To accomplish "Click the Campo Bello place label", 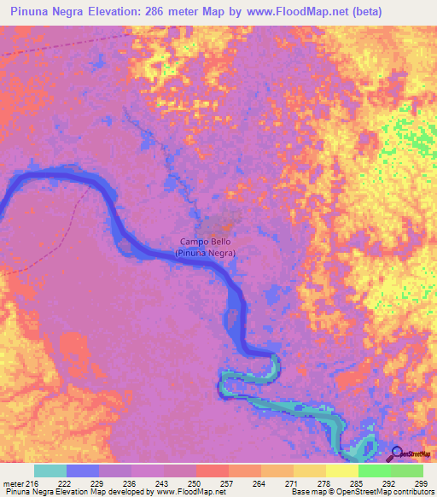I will (x=205, y=242).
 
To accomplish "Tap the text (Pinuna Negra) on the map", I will (x=205, y=253).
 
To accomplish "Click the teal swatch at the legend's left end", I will (x=50, y=471).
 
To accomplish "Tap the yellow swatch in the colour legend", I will (x=341, y=471).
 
